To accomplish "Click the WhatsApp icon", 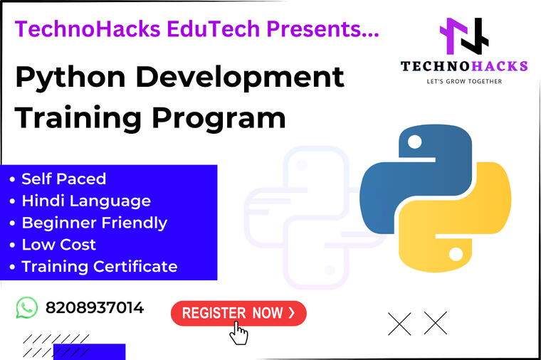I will pyautogui.click(x=26, y=307).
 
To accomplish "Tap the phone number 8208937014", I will pyautogui.click(x=95, y=307).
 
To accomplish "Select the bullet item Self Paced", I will pyautogui.click(x=63, y=179).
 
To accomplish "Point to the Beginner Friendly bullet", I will pyautogui.click(x=94, y=223).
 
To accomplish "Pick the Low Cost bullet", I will pyautogui.click(x=58, y=245).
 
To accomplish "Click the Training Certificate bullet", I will pyautogui.click(x=99, y=267).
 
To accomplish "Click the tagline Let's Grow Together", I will pyautogui.click(x=463, y=81).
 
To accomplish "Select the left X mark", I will pyautogui.click(x=400, y=323).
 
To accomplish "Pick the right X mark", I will pyautogui.click(x=435, y=323).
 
